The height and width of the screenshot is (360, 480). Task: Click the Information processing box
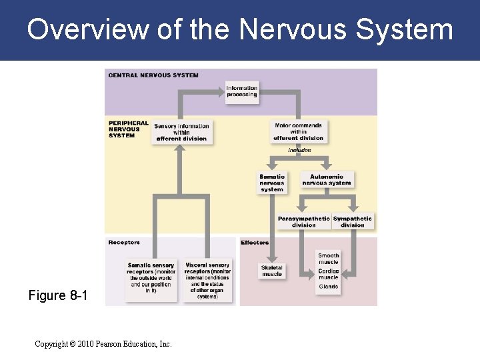(241, 92)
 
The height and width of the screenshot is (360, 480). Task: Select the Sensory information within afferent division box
(181, 132)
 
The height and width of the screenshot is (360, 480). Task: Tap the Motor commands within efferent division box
(298, 132)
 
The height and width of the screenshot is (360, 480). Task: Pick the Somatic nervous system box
(271, 183)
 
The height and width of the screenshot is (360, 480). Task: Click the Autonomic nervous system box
(327, 180)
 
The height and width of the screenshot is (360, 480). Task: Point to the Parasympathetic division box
(304, 221)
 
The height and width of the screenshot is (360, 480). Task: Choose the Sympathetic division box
(353, 221)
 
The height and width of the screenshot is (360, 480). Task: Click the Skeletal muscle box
(271, 271)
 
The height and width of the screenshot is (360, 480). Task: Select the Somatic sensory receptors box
(151, 279)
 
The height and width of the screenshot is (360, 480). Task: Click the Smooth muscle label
(328, 258)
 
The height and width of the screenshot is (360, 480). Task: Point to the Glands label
(328, 287)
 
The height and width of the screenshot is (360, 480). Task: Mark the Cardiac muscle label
(328, 273)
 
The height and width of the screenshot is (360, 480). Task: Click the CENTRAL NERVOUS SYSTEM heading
(153, 75)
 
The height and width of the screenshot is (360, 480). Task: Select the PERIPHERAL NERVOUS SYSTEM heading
(128, 129)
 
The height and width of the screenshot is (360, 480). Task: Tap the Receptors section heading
(124, 243)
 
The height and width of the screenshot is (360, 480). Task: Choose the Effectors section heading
(255, 243)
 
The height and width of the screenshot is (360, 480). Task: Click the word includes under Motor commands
(299, 151)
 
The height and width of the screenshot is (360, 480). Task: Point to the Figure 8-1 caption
(57, 295)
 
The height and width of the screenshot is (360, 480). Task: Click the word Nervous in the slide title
(292, 30)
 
